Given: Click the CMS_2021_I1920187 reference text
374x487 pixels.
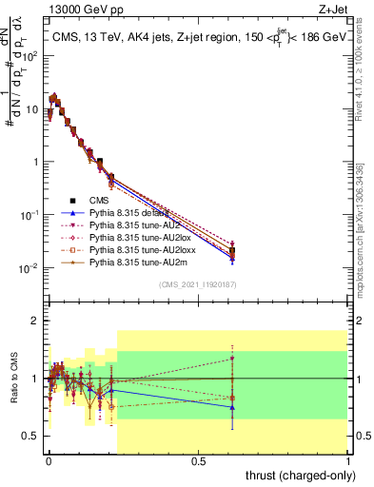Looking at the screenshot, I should coord(197,284).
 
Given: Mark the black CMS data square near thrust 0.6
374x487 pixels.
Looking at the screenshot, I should coord(233,252).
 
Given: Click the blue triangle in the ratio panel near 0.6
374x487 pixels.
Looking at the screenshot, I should coord(233,407).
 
